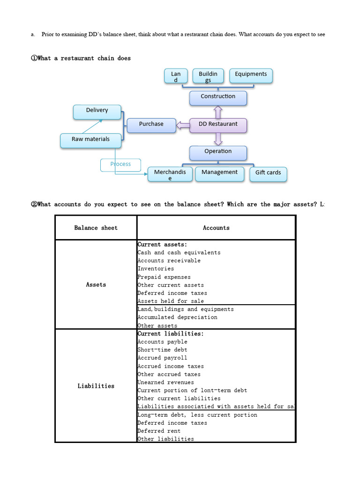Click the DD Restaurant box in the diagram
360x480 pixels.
[x=218, y=125]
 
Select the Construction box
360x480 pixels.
[x=218, y=97]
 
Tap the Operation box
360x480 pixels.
[x=218, y=152]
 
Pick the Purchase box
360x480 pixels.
[x=151, y=125]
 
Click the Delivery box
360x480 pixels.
[x=97, y=111]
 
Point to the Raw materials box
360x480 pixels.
[x=90, y=140]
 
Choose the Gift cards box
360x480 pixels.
[x=268, y=173]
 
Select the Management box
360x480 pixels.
[x=219, y=173]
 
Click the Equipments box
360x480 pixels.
[x=251, y=75]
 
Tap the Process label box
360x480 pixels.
[x=120, y=165]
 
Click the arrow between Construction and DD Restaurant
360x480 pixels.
[x=218, y=112]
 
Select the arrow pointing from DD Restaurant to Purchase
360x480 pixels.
[x=183, y=125]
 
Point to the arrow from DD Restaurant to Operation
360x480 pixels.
[x=218, y=139]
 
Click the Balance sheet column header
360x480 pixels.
[x=96, y=228]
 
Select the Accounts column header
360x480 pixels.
[x=216, y=228]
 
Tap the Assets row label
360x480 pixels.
[x=96, y=285]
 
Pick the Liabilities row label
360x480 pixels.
[x=96, y=386]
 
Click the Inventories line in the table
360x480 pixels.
[x=156, y=269]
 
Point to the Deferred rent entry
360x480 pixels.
[x=159, y=431]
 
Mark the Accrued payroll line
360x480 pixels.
[x=162, y=358]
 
